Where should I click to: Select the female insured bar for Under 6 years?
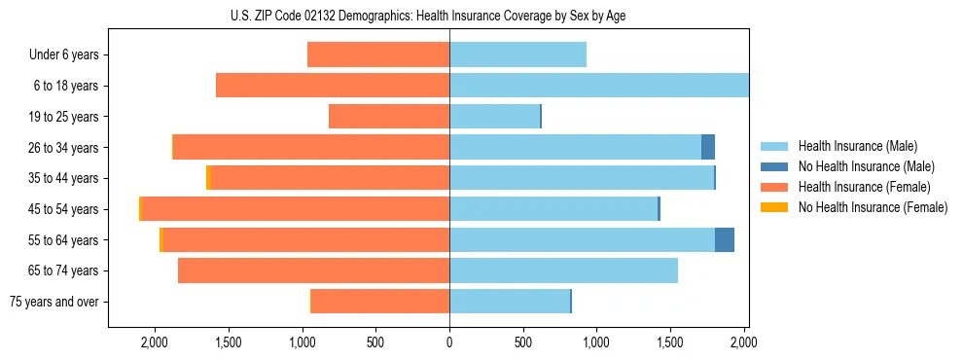(378, 54)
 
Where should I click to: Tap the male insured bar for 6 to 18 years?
(598, 86)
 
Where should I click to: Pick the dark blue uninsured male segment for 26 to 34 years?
(708, 147)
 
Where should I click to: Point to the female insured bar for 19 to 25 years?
(389, 117)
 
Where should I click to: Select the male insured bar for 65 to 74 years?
(563, 270)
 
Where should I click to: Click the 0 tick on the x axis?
(449, 342)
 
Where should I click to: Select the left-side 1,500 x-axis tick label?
(228, 342)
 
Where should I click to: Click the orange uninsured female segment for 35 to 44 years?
(208, 178)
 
